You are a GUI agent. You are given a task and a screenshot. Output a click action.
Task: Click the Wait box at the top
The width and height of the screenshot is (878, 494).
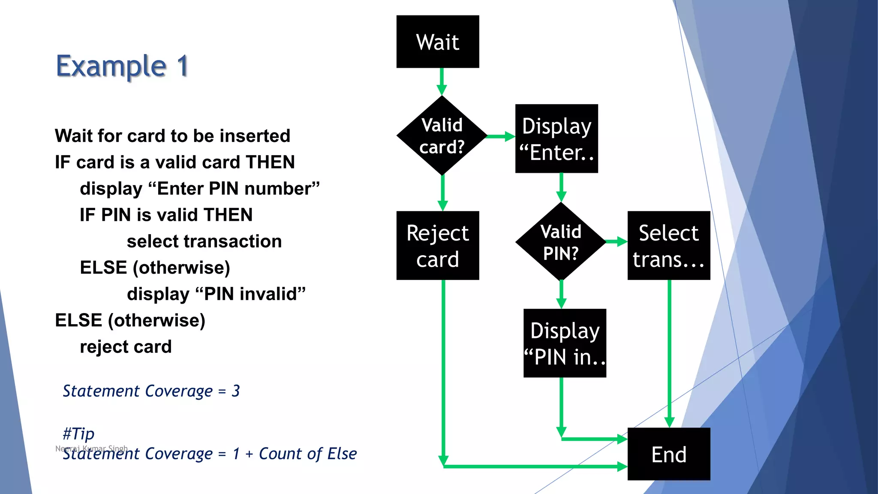[438, 42]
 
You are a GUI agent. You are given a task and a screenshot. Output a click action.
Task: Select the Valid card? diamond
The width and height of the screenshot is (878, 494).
[442, 136]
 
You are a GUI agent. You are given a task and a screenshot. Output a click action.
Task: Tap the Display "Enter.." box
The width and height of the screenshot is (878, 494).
[556, 139]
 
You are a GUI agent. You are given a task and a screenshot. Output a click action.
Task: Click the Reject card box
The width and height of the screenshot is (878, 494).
[438, 246]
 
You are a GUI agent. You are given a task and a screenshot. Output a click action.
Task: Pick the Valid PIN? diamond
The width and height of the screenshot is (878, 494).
[561, 242]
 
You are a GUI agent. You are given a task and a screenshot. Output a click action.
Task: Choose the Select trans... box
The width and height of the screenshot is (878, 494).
[669, 246]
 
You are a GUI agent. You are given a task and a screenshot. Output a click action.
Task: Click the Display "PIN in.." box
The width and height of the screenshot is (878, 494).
[565, 343]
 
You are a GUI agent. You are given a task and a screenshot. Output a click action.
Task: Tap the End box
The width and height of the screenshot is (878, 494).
[669, 454]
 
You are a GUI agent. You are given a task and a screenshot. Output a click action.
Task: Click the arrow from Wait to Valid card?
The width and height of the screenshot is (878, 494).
[442, 81]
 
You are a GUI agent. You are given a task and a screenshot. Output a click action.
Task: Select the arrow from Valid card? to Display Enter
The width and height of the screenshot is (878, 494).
[501, 136]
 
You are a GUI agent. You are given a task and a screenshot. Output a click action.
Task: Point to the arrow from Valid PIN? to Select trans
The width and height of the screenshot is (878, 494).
[616, 242]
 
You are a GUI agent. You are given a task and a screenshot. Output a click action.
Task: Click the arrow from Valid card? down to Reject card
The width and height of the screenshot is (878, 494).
[443, 193]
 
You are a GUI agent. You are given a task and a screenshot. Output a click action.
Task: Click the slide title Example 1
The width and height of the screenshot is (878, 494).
[122, 66]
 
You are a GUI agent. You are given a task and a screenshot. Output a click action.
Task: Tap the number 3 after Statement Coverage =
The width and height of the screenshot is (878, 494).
[235, 391]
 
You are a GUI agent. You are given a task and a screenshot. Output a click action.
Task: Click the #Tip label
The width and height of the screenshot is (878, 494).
[78, 434]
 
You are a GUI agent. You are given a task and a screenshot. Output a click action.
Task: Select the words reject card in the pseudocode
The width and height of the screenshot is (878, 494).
[126, 346]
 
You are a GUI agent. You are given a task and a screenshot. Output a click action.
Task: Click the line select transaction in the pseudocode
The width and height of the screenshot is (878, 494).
[204, 241]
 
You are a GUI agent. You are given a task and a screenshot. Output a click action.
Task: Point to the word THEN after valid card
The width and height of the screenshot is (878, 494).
[270, 162]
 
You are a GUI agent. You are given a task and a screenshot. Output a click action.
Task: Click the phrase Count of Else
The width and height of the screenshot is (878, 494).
[307, 454]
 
